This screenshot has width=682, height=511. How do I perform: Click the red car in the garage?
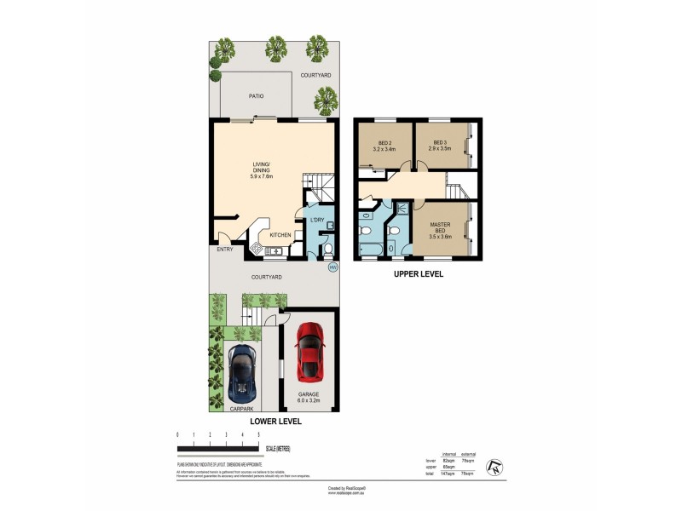click(x=309, y=352)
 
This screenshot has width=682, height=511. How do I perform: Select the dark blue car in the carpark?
click(x=243, y=372)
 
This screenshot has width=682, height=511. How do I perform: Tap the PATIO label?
click(x=256, y=96)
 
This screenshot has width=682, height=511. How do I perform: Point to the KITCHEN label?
click(x=280, y=234)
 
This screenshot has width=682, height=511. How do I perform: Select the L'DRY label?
click(x=316, y=221)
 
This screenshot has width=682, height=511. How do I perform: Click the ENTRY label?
click(x=225, y=250)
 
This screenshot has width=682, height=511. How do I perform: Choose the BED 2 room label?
click(x=384, y=142)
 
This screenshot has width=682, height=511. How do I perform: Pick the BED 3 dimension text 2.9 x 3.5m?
click(x=440, y=149)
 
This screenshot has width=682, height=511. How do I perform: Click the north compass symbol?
click(x=494, y=466)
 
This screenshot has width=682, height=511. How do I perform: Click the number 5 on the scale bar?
click(x=258, y=435)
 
